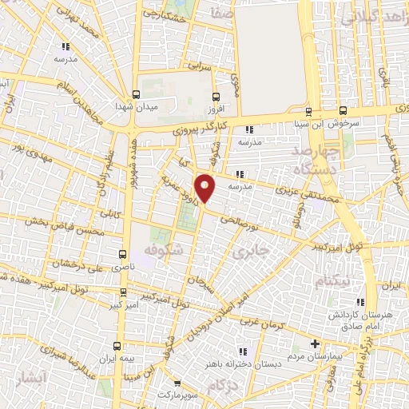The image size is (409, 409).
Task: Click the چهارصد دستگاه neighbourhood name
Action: point(316,160)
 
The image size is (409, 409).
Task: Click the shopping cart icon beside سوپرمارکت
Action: point(177,383)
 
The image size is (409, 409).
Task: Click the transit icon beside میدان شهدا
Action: point(134,93)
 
